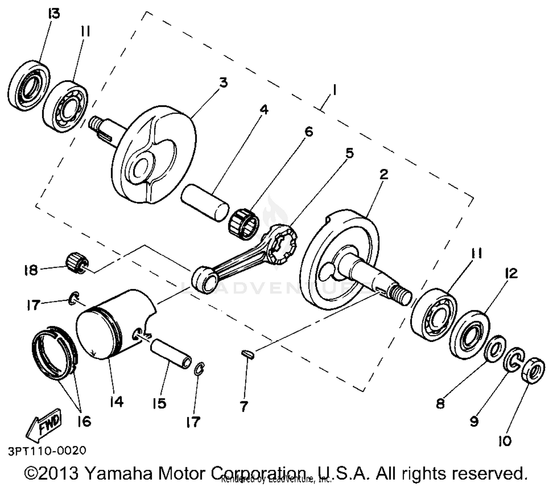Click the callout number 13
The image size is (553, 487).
pos(53,14)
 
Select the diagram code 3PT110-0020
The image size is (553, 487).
pos(46,451)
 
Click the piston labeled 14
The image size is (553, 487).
pos(114,324)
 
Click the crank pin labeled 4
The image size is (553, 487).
pos(205,202)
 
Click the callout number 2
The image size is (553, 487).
pos(384,174)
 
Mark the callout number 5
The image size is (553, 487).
pos(349,153)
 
